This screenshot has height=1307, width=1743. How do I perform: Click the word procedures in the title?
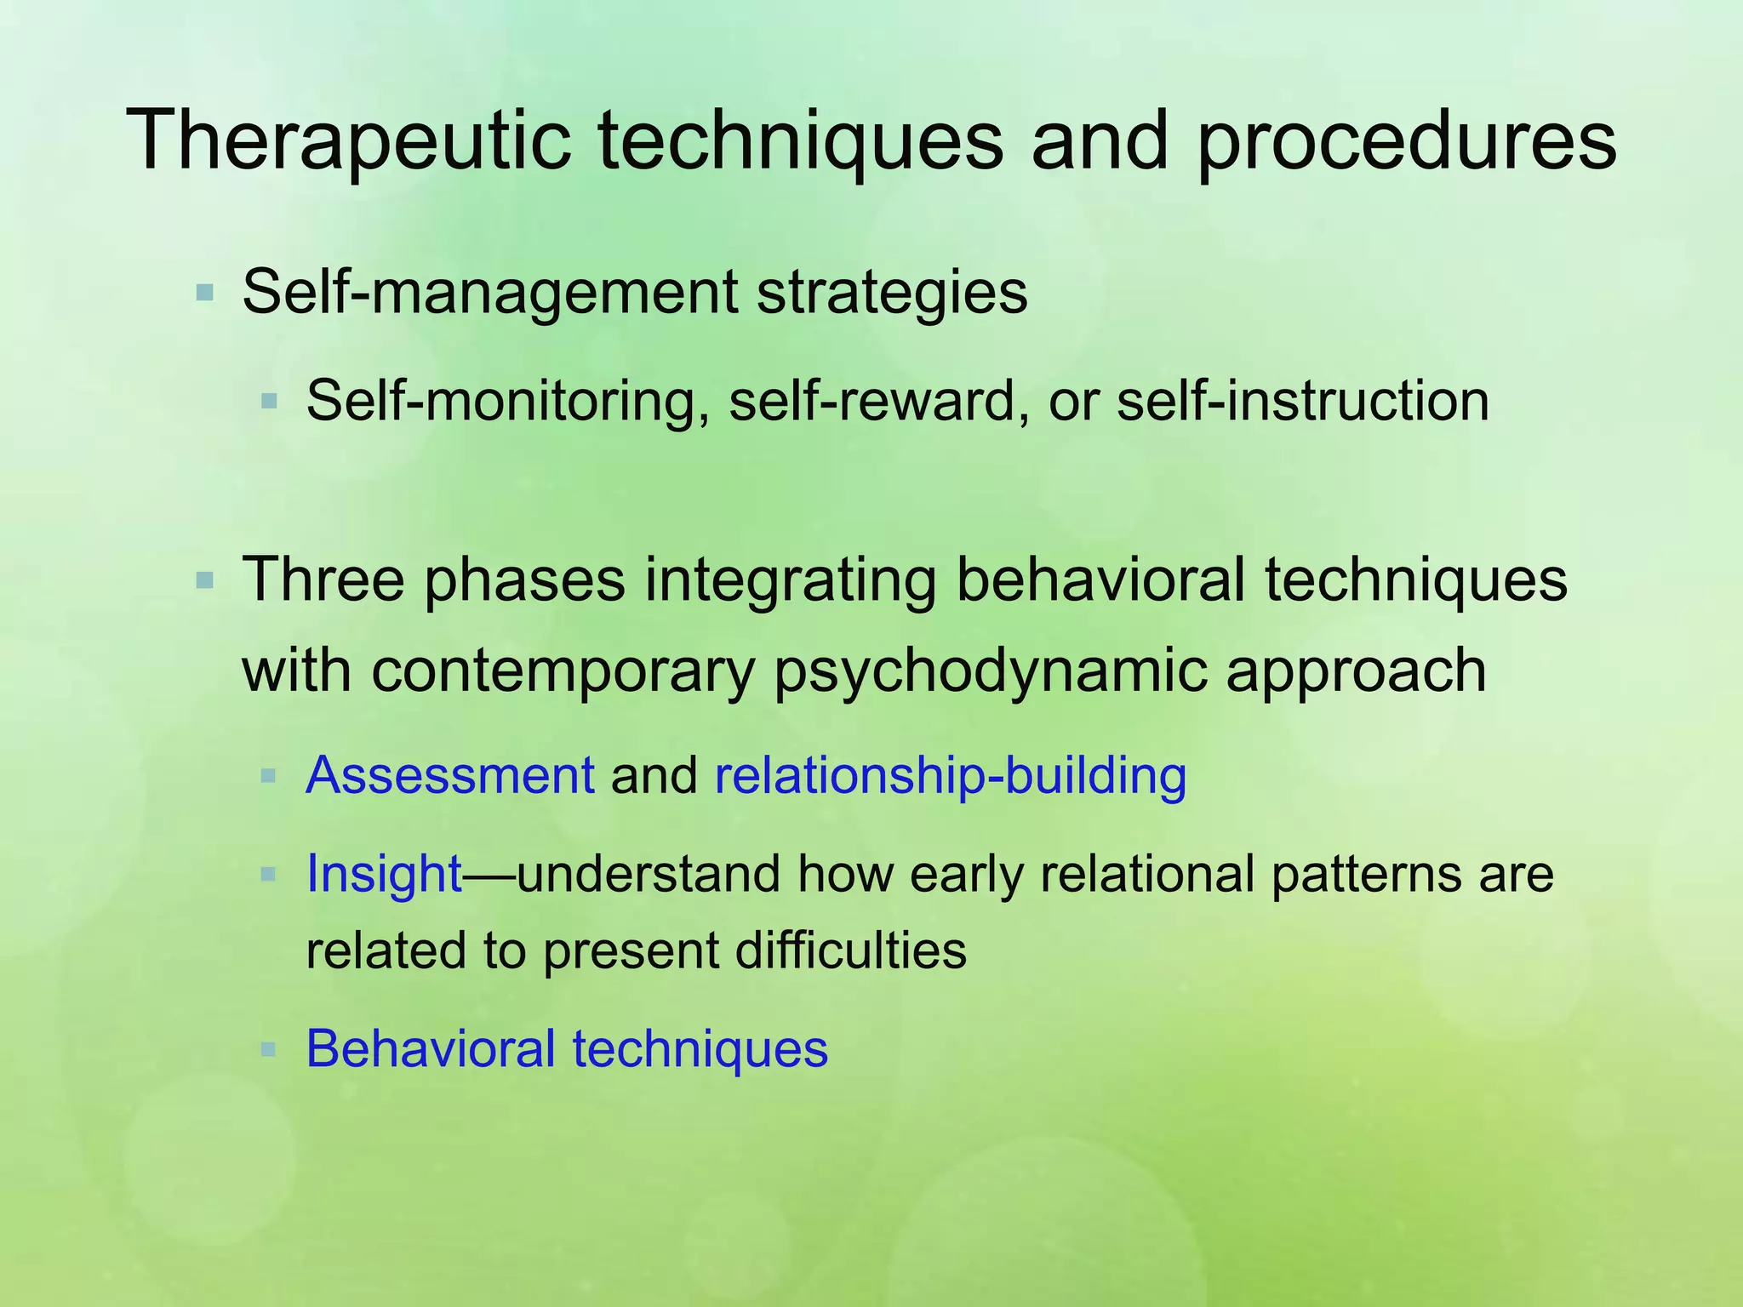pyautogui.click(x=1405, y=141)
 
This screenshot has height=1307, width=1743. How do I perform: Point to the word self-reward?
pyautogui.click(x=873, y=401)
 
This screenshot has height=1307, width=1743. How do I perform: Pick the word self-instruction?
pyautogui.click(x=1302, y=401)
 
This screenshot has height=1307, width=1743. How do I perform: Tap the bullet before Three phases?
pyautogui.click(x=204, y=582)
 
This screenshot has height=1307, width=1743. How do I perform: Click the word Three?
pyautogui.click(x=323, y=580)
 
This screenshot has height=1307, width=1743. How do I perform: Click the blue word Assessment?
pyautogui.click(x=449, y=776)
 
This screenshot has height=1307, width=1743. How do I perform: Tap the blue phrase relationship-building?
pyautogui.click(x=951, y=776)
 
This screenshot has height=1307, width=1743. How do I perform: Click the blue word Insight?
pyautogui.click(x=383, y=874)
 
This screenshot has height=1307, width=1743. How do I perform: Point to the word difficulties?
pyautogui.click(x=850, y=950)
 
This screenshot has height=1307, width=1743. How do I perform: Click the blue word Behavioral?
pyautogui.click(x=431, y=1048)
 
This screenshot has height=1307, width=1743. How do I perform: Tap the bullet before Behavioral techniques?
pyautogui.click(x=269, y=1049)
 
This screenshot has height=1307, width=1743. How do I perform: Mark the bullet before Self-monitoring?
pyautogui.click(x=269, y=401)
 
